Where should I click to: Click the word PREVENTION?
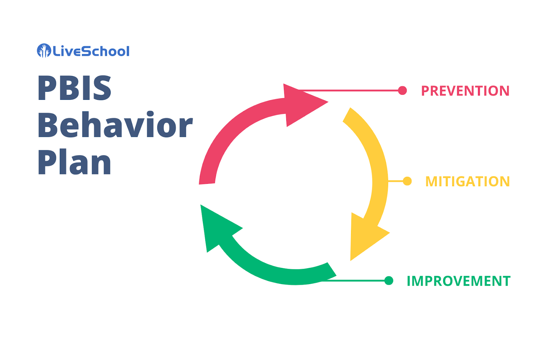point(465,91)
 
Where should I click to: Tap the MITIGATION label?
point(467,182)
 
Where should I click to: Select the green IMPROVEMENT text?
point(458,281)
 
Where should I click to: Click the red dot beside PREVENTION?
point(402,90)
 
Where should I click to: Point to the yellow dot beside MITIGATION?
point(407,181)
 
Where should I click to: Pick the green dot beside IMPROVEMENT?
point(388,280)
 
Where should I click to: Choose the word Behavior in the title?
point(115,126)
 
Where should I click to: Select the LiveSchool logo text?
point(91,51)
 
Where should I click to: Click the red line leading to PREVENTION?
point(351,90)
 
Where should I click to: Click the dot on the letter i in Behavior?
point(150,114)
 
